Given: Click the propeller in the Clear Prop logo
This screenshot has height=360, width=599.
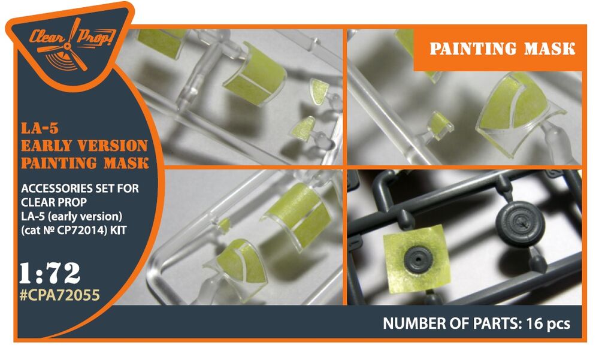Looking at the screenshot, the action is click(68, 47).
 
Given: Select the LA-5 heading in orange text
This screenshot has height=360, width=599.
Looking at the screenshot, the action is click(40, 128).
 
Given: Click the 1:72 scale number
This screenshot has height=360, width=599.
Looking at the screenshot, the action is click(50, 273).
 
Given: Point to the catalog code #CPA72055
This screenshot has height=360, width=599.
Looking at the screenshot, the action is click(59, 295).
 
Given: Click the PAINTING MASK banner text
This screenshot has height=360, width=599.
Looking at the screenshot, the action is click(503, 49).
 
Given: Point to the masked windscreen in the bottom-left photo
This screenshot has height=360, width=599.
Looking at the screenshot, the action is click(235, 262).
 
